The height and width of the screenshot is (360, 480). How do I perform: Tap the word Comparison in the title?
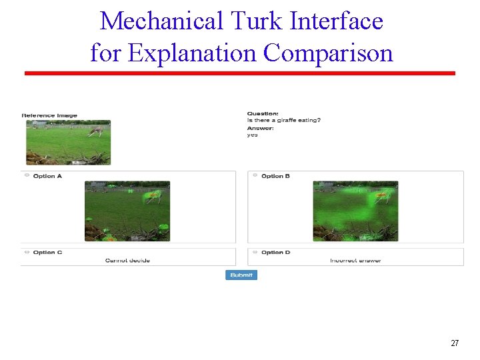point(328,52)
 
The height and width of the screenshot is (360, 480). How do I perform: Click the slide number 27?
point(455,343)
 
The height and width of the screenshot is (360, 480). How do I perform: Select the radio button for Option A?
point(27,175)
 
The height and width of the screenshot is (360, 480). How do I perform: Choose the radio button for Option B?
point(255,175)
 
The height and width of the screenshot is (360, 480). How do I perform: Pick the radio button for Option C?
point(27,252)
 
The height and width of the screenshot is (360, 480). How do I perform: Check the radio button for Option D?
point(255,252)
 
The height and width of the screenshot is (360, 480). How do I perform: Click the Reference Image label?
point(50,115)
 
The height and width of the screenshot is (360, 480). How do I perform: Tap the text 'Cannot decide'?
point(127,260)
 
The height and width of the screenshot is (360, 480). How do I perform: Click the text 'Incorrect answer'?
point(355,260)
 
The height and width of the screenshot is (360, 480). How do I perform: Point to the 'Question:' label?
point(263,113)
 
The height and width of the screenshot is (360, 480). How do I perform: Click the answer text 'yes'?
point(253,135)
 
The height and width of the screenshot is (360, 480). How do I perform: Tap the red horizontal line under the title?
point(240,73)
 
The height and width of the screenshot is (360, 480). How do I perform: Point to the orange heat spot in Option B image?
point(381,196)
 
